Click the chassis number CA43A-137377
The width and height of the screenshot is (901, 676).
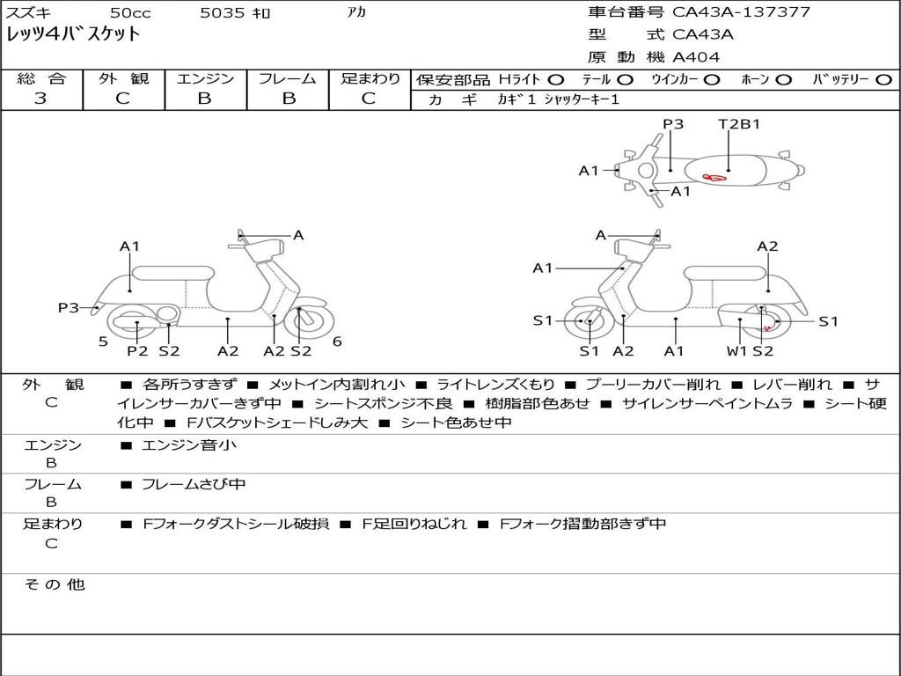point(741,12)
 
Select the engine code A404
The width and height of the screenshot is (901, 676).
point(696,57)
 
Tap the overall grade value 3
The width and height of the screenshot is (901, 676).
point(40,99)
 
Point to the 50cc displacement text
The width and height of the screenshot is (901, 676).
point(129,13)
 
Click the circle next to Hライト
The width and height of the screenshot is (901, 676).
point(555,79)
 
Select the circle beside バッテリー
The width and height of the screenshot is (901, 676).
point(884,79)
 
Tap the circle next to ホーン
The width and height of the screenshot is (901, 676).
point(784,79)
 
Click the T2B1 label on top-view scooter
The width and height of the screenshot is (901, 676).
point(739,124)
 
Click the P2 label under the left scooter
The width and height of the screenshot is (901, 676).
point(137,351)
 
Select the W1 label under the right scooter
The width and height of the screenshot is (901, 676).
point(736,351)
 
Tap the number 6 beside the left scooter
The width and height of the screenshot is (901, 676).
point(337,342)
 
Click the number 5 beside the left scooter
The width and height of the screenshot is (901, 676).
point(103,342)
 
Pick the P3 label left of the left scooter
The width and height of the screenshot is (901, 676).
point(69,307)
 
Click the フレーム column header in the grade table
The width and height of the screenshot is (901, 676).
point(287,78)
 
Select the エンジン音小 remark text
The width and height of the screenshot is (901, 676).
point(189,445)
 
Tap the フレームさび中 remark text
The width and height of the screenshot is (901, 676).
point(194,484)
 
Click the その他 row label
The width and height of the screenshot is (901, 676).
point(54,584)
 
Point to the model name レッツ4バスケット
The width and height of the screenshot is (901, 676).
point(73,34)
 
